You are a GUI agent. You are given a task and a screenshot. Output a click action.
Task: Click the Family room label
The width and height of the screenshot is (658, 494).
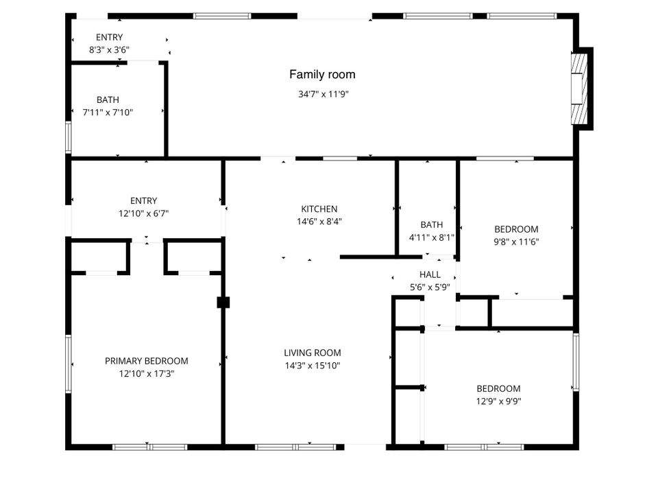pyautogui.click(x=322, y=75)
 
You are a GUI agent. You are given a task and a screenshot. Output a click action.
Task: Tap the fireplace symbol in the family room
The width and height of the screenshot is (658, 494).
pyautogui.click(x=580, y=89)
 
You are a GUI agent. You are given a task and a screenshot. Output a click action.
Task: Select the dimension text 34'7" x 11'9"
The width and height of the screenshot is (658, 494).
pyautogui.click(x=324, y=95)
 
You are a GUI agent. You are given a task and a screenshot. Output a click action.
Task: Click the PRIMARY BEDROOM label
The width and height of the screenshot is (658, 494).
pyautogui.click(x=146, y=361)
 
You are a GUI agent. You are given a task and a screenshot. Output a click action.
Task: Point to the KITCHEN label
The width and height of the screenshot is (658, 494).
pyautogui.click(x=319, y=209)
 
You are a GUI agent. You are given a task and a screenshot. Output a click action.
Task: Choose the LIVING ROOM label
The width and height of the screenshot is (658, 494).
pyautogui.click(x=312, y=353)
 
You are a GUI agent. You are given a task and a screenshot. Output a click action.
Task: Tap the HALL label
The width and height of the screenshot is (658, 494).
pyautogui.click(x=430, y=274)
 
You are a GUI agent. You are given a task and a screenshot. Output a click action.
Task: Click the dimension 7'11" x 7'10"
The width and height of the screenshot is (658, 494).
pyautogui.click(x=108, y=113)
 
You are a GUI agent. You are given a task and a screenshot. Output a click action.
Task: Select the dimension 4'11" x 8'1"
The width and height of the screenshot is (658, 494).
pyautogui.click(x=432, y=237)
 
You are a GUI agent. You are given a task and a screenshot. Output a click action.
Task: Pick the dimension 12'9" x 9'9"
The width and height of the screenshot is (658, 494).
pyautogui.click(x=498, y=401)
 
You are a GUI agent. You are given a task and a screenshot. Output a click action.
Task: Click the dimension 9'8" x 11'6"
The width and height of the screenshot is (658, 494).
pyautogui.click(x=516, y=242)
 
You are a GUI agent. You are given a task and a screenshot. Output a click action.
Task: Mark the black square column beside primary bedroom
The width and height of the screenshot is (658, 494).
pyautogui.click(x=223, y=302)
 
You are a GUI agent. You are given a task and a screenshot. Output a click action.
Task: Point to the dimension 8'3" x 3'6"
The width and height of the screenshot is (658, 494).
pyautogui.click(x=110, y=49)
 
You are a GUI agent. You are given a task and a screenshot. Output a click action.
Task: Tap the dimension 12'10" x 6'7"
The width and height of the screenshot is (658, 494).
pyautogui.click(x=143, y=213)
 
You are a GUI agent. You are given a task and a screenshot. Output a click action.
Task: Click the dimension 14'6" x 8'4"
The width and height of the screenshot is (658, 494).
pyautogui.click(x=319, y=222)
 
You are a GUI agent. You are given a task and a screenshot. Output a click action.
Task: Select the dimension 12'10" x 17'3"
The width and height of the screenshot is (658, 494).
pyautogui.click(x=146, y=374)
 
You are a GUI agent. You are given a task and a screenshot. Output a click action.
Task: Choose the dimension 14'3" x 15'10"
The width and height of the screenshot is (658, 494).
pyautogui.click(x=312, y=366)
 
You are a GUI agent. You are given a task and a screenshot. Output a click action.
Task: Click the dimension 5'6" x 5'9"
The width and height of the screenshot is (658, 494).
pyautogui.click(x=430, y=287)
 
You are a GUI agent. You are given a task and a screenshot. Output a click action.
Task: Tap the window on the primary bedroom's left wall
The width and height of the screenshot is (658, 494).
pyautogui.click(x=68, y=364)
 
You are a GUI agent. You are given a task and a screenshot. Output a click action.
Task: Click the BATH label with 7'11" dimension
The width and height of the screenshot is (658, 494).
pyautogui.click(x=108, y=100)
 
